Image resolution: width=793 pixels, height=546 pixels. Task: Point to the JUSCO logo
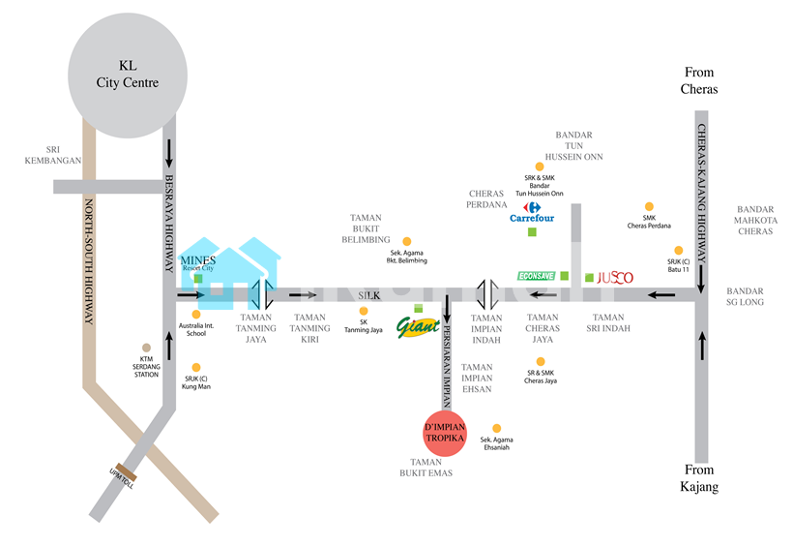pyautogui.click(x=614, y=278)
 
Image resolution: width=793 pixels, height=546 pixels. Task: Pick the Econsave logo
pyautogui.click(x=537, y=277)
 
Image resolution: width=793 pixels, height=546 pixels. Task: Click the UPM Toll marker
pyautogui.click(x=122, y=474)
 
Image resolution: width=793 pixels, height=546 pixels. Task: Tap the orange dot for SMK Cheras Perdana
pyautogui.click(x=649, y=206)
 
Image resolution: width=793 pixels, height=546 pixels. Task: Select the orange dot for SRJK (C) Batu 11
pyautogui.click(x=679, y=250)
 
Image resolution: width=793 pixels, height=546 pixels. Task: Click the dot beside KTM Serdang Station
pyautogui.click(x=147, y=348)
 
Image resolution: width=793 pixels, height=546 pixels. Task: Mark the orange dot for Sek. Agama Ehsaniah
pyautogui.click(x=497, y=428)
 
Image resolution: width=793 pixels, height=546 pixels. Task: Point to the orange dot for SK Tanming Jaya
pyautogui.click(x=364, y=312)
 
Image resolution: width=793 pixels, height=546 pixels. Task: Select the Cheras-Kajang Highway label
pyautogui.click(x=703, y=195)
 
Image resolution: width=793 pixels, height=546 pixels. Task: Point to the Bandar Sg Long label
pyautogui.click(x=746, y=297)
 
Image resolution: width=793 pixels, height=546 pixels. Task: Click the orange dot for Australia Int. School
pyautogui.click(x=196, y=314)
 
